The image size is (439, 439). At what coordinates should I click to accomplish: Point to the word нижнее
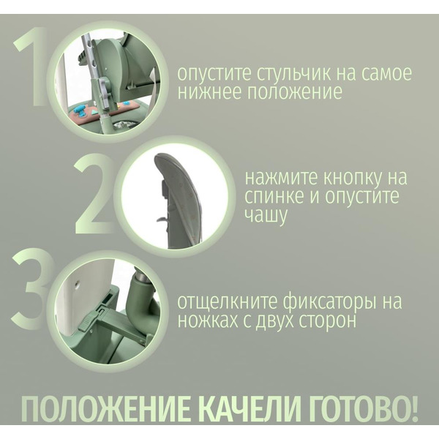(x=206, y=94)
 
